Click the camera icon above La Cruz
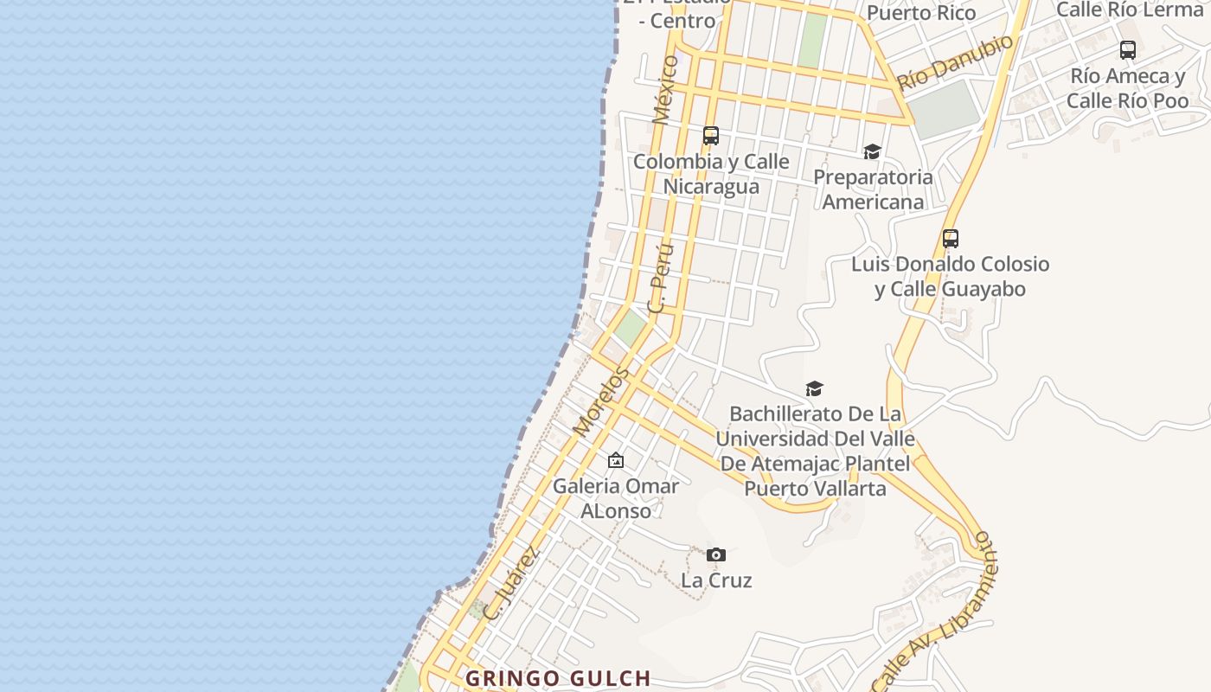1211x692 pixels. [716, 554]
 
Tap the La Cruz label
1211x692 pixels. [716, 580]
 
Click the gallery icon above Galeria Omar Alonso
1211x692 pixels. [616, 460]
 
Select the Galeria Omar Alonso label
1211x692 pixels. [616, 498]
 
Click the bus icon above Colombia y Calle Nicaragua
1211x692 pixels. [711, 136]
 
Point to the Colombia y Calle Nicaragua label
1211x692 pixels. [711, 174]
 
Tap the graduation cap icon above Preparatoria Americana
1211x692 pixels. [872, 152]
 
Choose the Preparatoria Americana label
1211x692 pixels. [873, 189]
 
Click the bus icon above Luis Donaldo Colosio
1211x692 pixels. [951, 239]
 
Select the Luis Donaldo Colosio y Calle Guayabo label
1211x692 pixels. [950, 276]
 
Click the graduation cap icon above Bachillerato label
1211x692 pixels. [814, 388]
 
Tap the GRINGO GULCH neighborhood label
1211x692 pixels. [558, 679]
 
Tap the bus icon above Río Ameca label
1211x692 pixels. [1128, 50]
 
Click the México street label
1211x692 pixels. [665, 89]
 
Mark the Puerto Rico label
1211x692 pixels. [921, 12]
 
